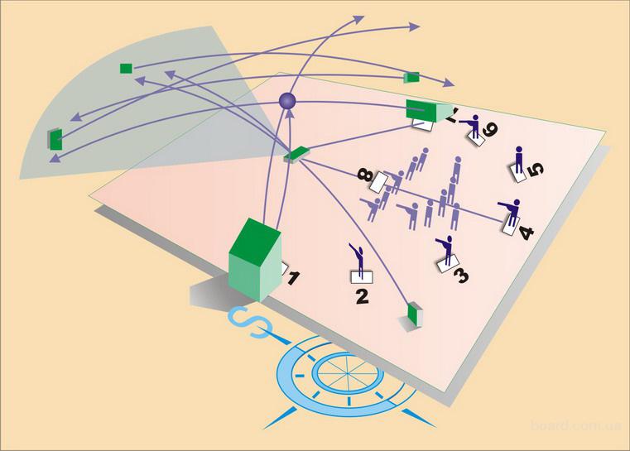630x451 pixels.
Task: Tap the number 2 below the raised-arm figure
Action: point(361,294)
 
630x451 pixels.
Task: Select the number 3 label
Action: point(461,274)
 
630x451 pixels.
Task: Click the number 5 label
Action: point(534,170)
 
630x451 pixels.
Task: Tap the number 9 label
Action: point(490,129)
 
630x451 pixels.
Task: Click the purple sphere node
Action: point(287,101)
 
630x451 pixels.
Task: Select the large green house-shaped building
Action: point(254,258)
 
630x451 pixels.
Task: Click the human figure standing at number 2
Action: point(358,259)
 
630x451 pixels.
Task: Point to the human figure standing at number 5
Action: point(519,160)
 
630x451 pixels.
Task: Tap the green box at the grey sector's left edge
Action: point(55,138)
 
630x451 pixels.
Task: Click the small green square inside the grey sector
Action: point(126,68)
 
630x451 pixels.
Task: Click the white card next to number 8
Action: point(382,182)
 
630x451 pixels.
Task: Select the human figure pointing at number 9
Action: point(474,126)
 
